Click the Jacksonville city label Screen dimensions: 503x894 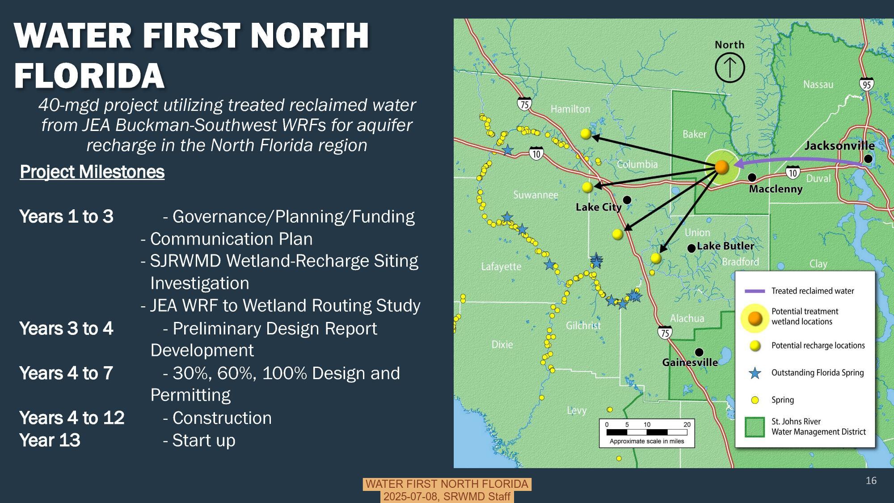click(x=839, y=146)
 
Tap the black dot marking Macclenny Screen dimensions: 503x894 click(x=752, y=178)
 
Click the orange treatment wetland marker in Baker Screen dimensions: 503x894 click(x=721, y=167)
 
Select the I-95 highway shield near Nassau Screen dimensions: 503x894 click(x=866, y=84)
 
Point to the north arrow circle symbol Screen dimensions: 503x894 click(x=730, y=68)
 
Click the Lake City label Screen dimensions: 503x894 click(x=598, y=207)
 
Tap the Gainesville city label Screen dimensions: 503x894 click(x=690, y=362)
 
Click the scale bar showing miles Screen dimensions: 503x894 click(x=646, y=432)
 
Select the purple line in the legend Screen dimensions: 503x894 click(x=755, y=291)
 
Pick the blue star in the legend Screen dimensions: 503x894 click(x=755, y=373)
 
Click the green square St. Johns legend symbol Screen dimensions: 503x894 click(x=755, y=427)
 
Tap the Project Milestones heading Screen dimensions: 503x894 click(x=92, y=172)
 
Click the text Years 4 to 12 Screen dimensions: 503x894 click(x=72, y=418)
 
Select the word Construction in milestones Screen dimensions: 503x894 click(x=222, y=418)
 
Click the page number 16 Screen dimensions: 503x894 click(x=871, y=481)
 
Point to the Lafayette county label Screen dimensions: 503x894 click(x=501, y=266)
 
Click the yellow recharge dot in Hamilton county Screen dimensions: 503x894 click(x=586, y=133)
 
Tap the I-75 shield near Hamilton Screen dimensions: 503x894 click(x=525, y=104)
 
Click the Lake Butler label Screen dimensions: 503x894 click(x=725, y=246)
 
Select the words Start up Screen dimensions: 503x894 click(x=203, y=440)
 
